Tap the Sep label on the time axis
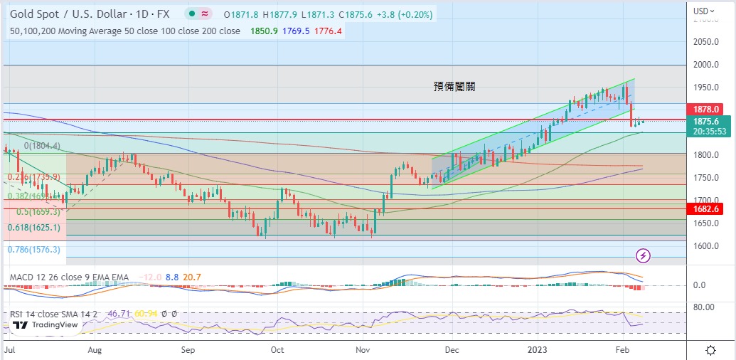[188, 350]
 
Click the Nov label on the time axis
[363, 350]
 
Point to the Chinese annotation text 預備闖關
[454, 87]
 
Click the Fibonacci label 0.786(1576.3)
[34, 250]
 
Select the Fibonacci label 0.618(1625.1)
[34, 228]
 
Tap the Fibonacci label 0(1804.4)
[42, 146]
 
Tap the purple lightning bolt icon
[643, 255]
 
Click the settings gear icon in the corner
[710, 350]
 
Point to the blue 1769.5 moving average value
[297, 31]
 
